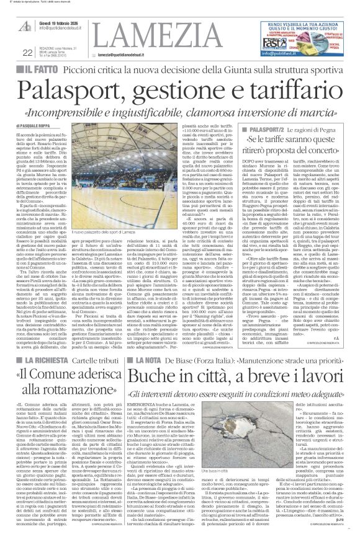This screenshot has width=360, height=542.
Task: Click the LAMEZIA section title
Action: click(x=140, y=29)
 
